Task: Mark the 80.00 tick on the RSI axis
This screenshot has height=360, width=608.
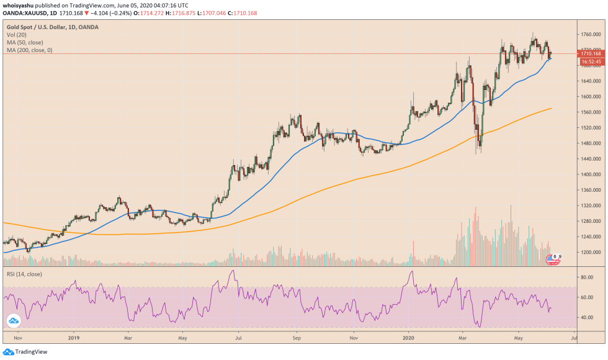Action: [588, 277]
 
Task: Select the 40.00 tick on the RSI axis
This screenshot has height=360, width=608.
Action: [588, 317]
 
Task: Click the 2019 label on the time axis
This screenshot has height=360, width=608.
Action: [73, 338]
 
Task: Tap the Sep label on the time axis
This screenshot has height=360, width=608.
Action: [297, 338]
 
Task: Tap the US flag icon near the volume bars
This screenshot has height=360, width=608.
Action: [551, 260]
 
